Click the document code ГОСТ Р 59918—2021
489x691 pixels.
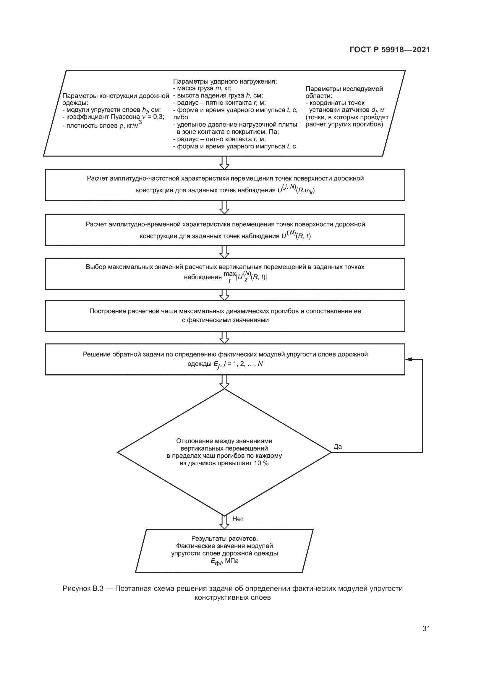coord(390,50)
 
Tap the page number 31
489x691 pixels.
coord(426,628)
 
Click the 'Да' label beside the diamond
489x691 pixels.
coord(338,447)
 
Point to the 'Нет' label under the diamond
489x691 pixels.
coord(238,519)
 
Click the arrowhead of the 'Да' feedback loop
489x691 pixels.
coord(409,359)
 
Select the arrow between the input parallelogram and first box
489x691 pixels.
coord(224,163)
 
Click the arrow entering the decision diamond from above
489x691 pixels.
coord(224,382)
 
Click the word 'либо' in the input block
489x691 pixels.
coord(180,117)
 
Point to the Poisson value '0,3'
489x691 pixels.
coord(158,117)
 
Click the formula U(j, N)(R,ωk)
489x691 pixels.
coord(296,190)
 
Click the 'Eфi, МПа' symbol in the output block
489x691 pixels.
coord(224,561)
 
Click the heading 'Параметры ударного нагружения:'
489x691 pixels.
coord(225,81)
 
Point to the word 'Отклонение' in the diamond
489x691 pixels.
coord(195,441)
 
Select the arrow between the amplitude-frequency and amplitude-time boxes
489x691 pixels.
coord(224,207)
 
